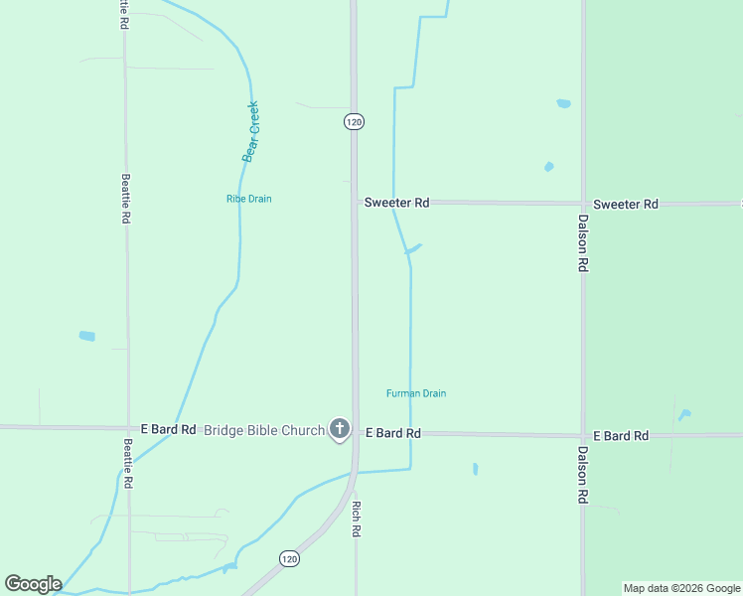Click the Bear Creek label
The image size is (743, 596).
point(251,131)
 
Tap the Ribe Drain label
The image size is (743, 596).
point(248,199)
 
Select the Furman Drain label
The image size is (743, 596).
point(416,393)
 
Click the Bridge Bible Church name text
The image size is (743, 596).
point(264,430)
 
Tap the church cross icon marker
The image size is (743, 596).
point(340,429)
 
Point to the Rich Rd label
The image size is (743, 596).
point(356,519)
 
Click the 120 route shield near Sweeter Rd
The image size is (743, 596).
point(355,121)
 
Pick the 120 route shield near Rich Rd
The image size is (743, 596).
point(288,559)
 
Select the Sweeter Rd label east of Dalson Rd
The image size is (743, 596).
point(626,204)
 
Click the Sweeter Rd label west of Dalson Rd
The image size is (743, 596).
point(396,202)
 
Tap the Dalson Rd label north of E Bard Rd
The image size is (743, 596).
point(583,244)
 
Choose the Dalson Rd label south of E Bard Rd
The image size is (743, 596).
point(582,475)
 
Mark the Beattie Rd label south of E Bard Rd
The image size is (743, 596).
point(128,463)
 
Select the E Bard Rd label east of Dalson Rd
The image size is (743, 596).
point(621,436)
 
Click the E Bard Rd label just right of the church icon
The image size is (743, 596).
point(393,433)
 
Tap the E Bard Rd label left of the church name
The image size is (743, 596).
point(168,429)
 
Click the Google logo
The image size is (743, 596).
point(33,584)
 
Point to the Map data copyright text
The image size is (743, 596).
point(681,588)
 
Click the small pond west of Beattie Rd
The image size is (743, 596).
point(86,337)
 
